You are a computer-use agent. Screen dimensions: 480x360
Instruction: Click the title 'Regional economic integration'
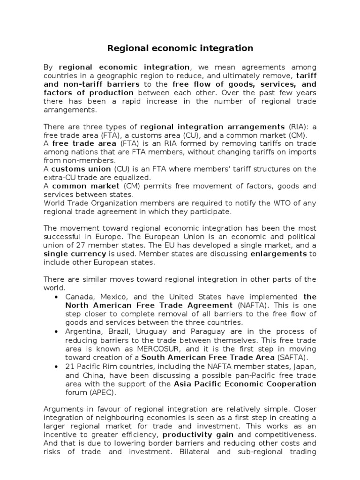[180, 48]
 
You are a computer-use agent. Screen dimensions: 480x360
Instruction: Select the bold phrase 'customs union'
[81, 169]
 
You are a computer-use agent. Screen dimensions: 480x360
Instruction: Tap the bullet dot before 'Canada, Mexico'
[57, 297]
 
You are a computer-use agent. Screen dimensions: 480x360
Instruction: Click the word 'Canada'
[78, 297]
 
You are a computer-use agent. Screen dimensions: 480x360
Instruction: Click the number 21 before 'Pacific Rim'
[69, 367]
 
